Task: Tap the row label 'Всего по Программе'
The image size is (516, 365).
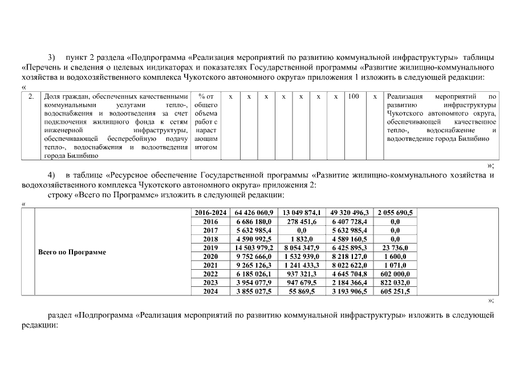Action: point(72,252)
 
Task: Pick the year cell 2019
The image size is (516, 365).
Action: point(210,248)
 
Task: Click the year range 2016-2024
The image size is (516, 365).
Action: point(210,212)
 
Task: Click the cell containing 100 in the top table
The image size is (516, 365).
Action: point(354,97)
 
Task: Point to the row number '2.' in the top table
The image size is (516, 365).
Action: point(31,97)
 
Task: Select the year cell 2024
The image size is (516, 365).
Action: point(210,291)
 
